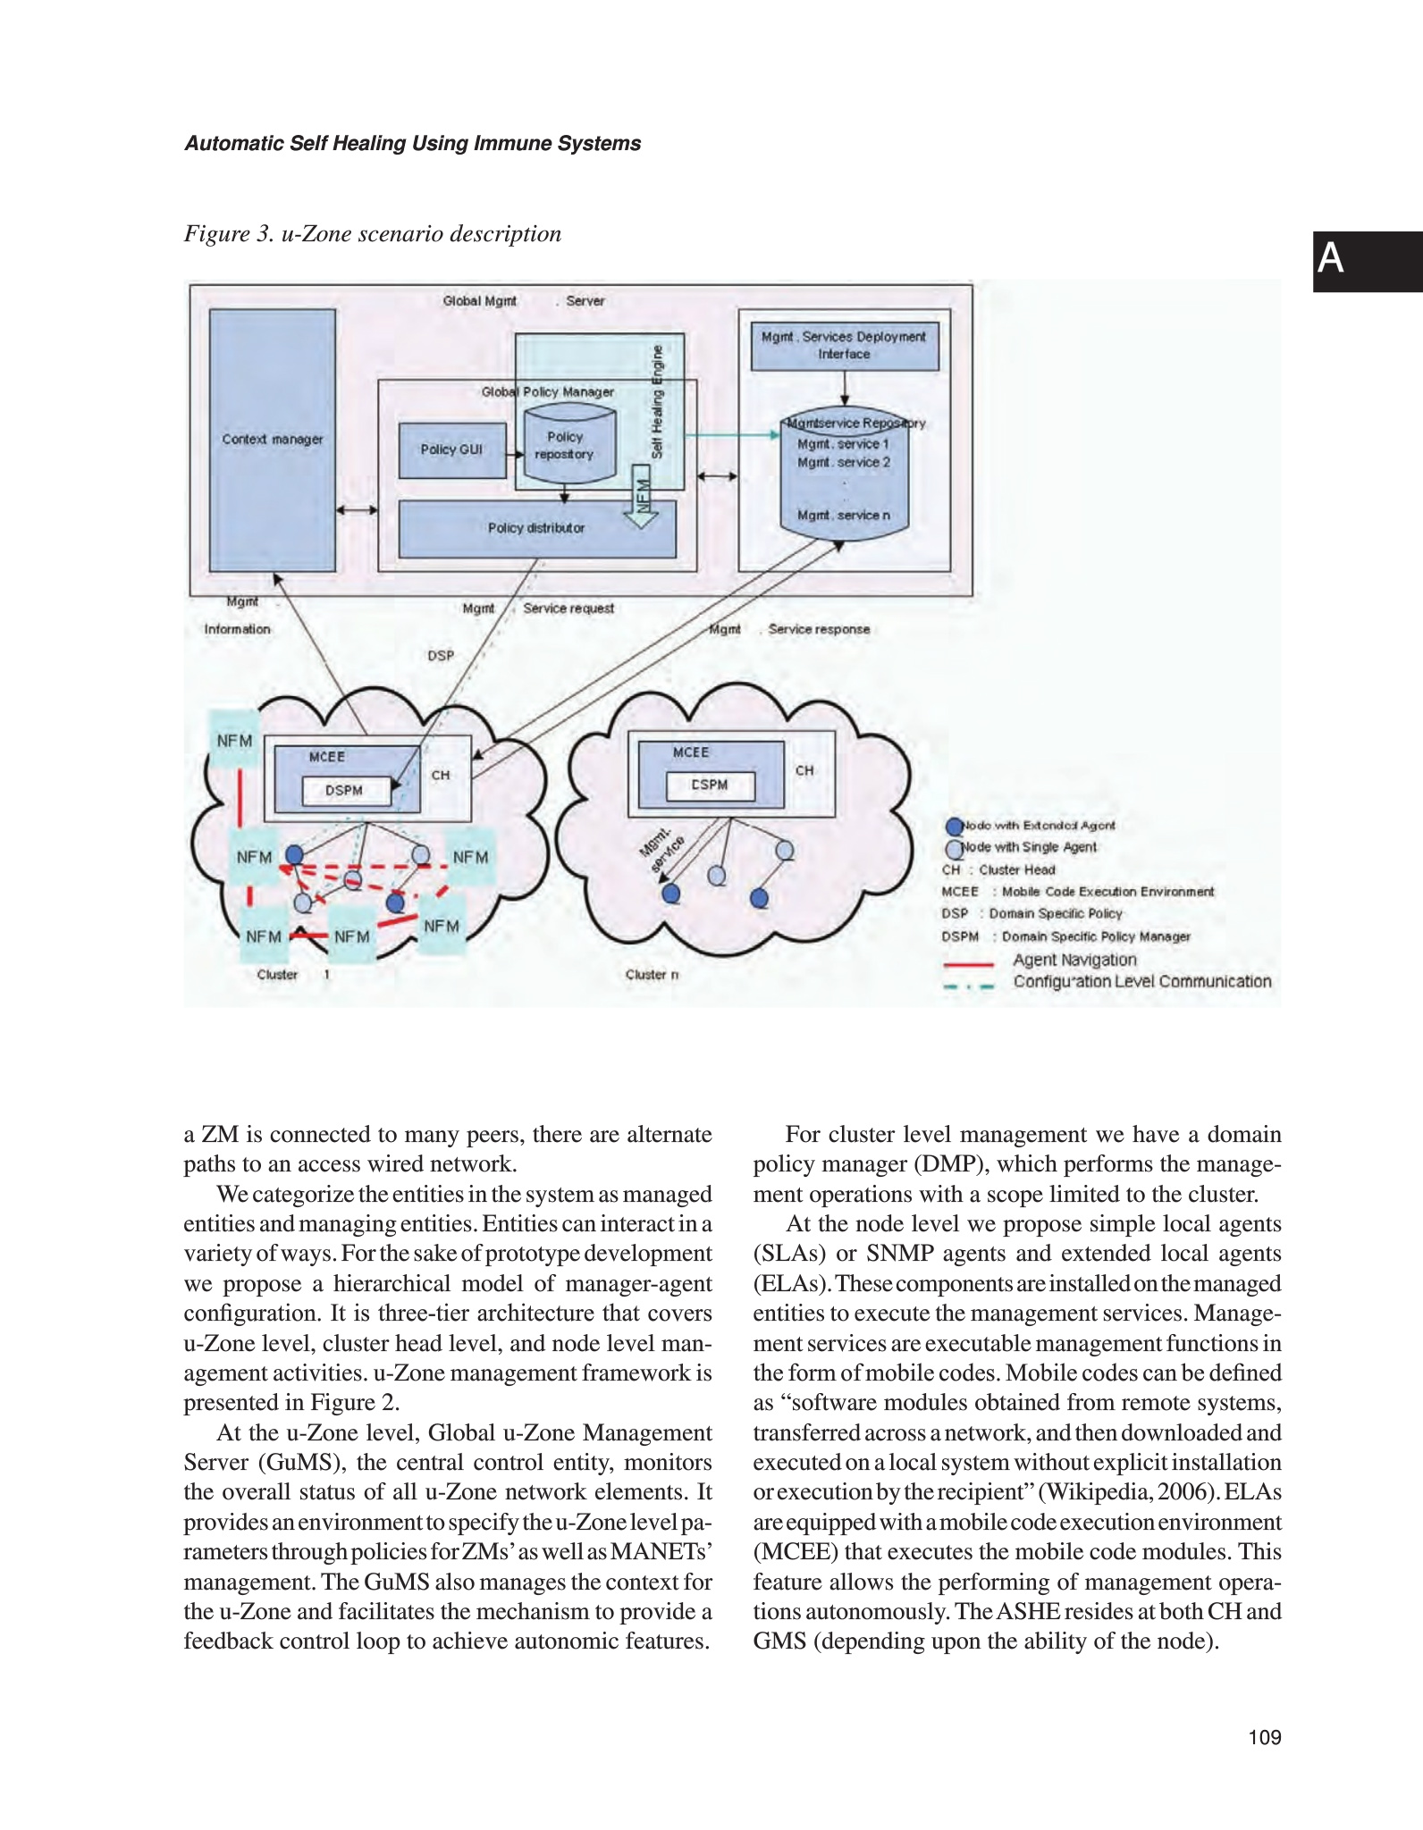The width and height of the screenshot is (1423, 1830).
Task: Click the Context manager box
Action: click(272, 440)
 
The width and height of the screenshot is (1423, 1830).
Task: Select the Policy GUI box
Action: click(451, 449)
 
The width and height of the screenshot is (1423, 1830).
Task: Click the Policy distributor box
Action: click(536, 528)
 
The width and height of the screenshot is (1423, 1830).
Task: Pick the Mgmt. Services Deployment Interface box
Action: click(844, 346)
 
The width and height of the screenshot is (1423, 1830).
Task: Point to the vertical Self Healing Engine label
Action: click(658, 401)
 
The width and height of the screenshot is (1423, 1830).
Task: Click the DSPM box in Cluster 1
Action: click(345, 791)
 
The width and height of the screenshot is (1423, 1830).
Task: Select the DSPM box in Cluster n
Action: click(710, 785)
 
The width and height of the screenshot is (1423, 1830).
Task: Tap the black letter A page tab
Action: click(1367, 261)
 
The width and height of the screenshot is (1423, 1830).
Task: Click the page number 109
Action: click(1265, 1737)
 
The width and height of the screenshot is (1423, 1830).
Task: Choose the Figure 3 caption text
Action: click(373, 234)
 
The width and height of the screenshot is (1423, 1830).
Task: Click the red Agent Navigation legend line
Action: click(969, 964)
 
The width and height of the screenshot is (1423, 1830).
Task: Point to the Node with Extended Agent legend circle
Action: click(955, 827)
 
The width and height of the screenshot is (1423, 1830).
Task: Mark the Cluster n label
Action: click(652, 975)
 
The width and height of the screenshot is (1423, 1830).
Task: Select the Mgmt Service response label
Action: click(789, 629)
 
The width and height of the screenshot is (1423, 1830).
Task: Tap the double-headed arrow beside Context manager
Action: click(357, 510)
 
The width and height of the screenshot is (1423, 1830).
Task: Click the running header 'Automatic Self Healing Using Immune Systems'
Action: click(412, 144)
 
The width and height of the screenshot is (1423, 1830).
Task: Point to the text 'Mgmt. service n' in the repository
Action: click(843, 516)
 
